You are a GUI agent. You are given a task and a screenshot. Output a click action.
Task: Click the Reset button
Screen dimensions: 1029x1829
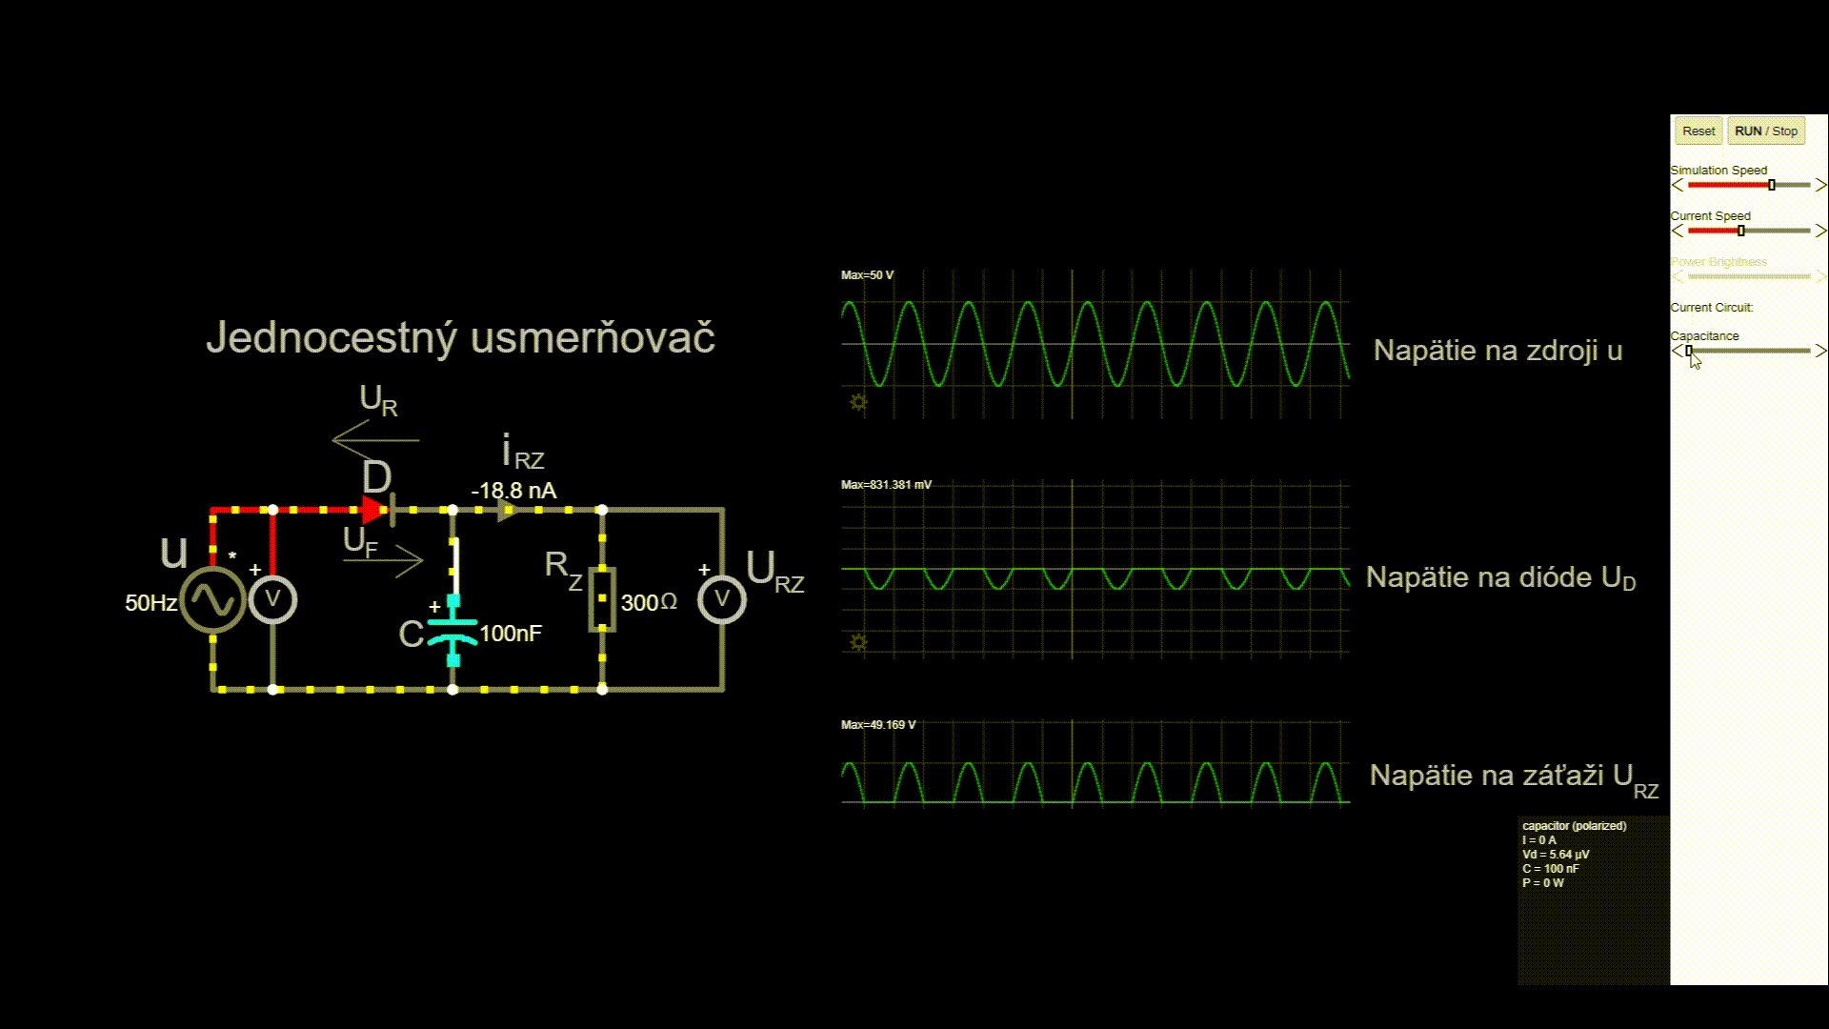tap(1698, 131)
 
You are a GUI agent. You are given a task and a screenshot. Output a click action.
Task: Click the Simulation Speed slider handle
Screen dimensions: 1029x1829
tap(1772, 185)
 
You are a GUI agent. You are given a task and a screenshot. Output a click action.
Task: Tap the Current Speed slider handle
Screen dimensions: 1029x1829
tap(1741, 231)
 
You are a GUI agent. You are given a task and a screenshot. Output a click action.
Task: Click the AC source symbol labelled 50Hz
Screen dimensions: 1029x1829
tap(212, 600)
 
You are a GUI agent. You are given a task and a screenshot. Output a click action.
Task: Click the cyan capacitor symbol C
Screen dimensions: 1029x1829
tap(452, 632)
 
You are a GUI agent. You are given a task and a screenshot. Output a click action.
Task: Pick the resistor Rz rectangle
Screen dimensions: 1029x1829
tap(602, 599)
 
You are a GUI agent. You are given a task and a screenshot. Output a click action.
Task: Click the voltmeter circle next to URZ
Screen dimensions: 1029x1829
tap(721, 599)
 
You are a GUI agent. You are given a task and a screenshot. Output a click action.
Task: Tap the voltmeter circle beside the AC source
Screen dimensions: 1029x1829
tap(273, 599)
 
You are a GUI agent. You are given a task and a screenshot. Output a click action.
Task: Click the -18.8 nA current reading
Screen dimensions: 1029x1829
tap(513, 491)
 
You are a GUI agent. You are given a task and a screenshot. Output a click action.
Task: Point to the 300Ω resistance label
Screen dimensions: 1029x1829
tap(649, 603)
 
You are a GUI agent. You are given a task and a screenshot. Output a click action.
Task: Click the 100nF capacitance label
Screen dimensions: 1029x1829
tap(511, 634)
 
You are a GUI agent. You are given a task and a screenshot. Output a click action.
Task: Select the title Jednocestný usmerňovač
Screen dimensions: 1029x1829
tap(460, 337)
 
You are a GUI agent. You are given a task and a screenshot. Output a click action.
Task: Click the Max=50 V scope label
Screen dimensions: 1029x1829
tap(867, 275)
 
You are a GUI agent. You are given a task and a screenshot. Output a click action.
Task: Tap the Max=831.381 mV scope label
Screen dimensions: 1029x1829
tap(886, 485)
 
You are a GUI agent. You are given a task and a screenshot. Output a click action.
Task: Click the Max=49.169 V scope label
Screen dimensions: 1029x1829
tap(877, 725)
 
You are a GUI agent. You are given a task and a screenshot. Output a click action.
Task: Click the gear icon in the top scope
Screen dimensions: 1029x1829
tap(858, 403)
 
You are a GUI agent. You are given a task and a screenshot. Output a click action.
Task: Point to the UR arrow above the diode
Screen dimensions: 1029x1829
tap(375, 440)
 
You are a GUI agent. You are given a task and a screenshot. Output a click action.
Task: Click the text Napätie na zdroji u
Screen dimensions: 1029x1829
tap(1497, 351)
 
